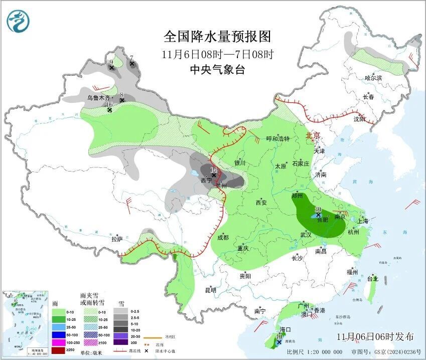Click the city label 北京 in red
[313, 135]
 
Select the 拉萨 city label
[117, 239]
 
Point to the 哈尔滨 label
[373, 78]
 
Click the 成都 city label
[223, 237]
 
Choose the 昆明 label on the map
[210, 290]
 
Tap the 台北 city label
[372, 278]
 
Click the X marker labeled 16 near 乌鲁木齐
[109, 110]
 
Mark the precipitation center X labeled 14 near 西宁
[214, 175]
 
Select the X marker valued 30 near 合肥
[318, 214]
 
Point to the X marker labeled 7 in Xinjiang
[132, 64]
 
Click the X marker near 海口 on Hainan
[279, 342]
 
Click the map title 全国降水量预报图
[217, 37]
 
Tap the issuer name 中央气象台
[217, 70]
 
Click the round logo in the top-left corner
[18, 21]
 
